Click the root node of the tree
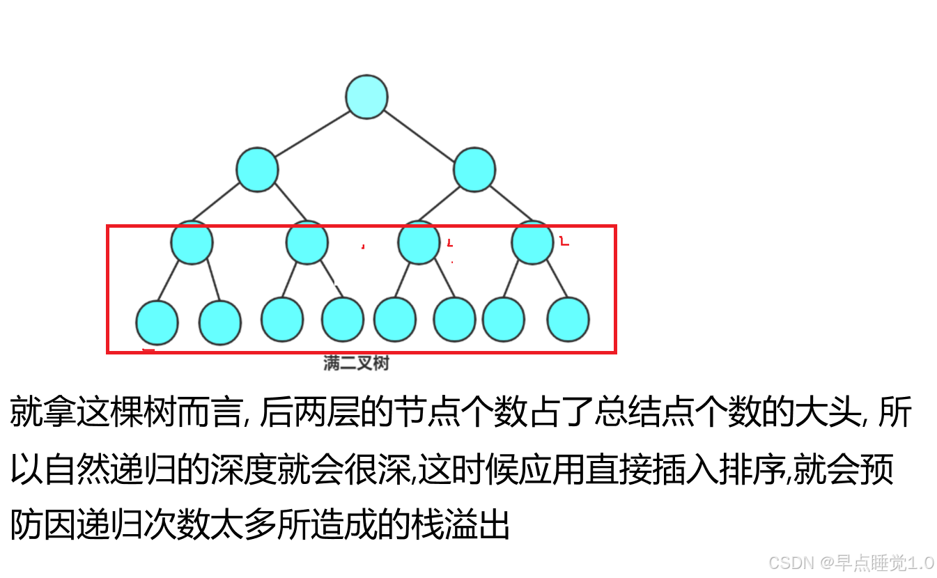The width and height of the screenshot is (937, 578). click(366, 96)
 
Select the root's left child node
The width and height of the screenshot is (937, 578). click(257, 169)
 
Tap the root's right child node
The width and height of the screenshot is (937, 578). click(474, 169)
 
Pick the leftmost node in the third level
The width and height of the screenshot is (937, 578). click(192, 242)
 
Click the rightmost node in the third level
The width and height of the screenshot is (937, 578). click(532, 242)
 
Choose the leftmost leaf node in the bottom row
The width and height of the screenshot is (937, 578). click(157, 322)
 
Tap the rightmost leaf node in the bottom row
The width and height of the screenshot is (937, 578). click(568, 320)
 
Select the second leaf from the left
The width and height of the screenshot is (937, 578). click(220, 322)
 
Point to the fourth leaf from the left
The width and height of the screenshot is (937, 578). click(342, 320)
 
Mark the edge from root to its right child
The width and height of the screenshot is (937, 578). click(421, 133)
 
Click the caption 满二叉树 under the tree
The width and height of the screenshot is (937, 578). click(356, 363)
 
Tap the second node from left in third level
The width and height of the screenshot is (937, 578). click(307, 242)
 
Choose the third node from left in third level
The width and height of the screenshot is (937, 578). click(419, 242)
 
